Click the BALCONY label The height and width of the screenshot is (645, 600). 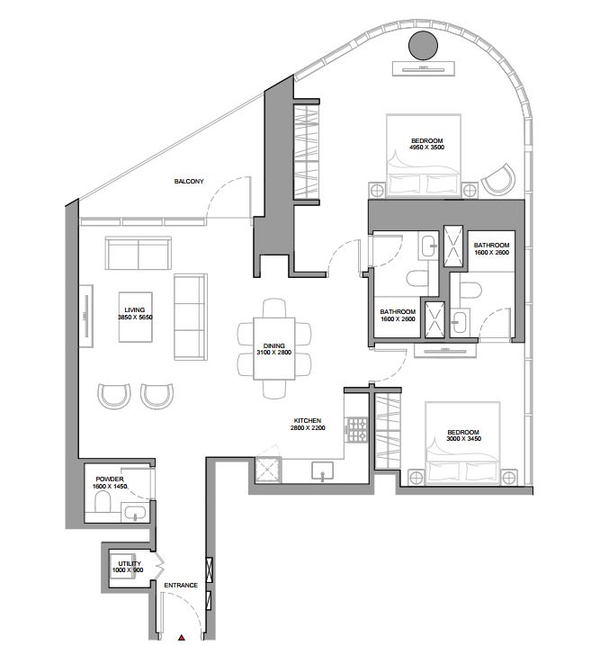click(189, 181)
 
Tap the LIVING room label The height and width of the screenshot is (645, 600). click(135, 313)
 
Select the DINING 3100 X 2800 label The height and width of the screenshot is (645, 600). click(273, 349)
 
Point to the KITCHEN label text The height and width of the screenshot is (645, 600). click(308, 420)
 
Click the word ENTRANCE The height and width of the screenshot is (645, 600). click(181, 585)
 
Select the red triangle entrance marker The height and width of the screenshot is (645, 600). click(182, 638)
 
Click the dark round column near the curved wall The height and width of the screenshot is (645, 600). click(423, 45)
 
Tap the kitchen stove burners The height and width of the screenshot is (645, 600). click(357, 430)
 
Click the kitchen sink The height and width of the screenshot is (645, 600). click(322, 471)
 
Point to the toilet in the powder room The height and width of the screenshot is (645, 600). click(103, 502)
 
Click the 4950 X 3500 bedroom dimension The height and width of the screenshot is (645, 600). click(427, 148)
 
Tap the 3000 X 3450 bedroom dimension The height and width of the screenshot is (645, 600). click(464, 439)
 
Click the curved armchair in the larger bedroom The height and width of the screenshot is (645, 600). click(498, 180)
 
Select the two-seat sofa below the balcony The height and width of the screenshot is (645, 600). click(139, 253)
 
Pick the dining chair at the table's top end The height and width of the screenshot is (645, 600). click(274, 308)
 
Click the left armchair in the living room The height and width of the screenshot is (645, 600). click(114, 396)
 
